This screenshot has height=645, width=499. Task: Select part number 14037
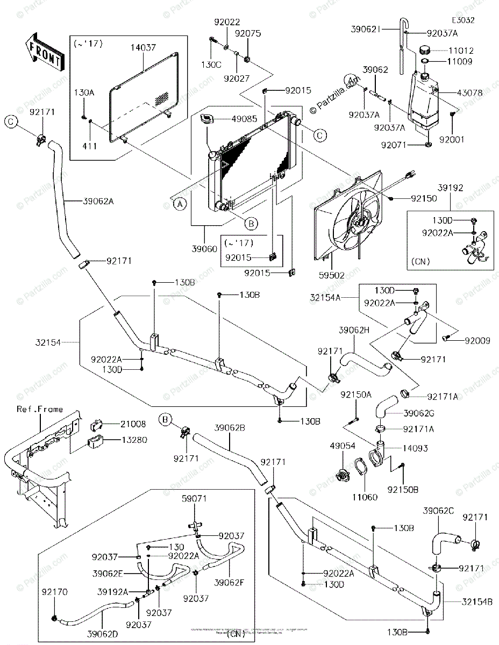[142, 48]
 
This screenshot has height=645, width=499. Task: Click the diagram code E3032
[463, 20]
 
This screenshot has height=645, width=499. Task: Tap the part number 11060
[365, 498]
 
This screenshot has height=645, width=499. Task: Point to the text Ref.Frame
[39, 410]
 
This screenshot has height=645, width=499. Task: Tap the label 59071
[193, 499]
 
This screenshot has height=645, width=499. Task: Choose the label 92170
[55, 592]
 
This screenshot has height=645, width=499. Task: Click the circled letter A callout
[180, 204]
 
